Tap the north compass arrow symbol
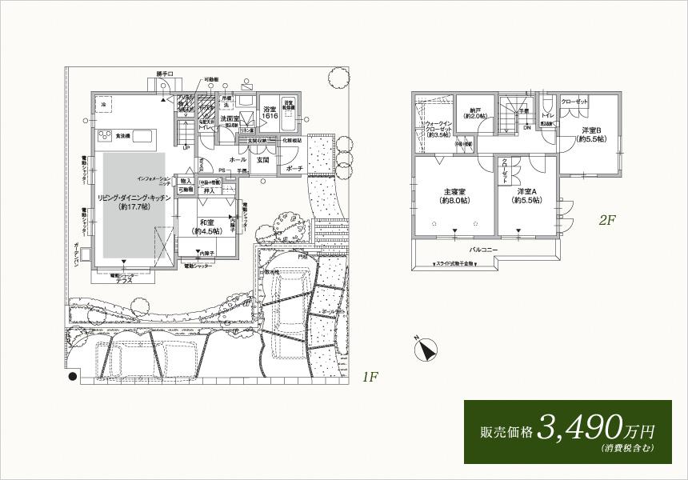point(426,350)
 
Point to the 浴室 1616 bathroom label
point(270,113)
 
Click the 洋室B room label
point(590,134)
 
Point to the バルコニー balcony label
point(483,250)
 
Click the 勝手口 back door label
point(166,74)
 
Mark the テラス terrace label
point(124,282)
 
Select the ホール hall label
point(238,159)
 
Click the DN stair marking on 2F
point(526,127)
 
